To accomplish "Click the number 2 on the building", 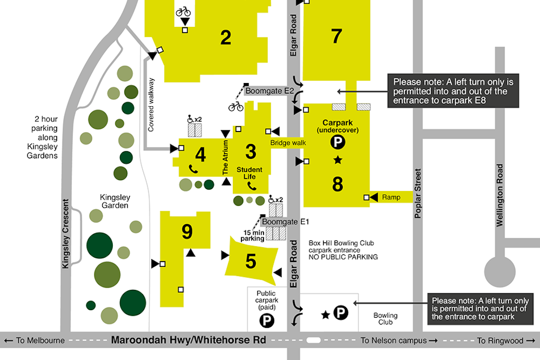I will tap(226, 37).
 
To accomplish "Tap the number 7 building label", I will tap(336, 36).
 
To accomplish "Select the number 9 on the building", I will tap(187, 232).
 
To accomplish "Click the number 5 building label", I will tap(251, 262).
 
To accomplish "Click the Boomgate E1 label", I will tap(285, 222).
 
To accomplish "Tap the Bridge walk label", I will tap(288, 143).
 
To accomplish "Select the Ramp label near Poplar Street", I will tap(391, 197).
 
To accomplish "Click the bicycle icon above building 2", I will tap(183, 11).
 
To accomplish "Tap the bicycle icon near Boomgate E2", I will tap(236, 106).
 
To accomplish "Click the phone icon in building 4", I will tap(193, 169).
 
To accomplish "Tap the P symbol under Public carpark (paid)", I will tap(266, 320).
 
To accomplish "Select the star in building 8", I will tap(338, 160).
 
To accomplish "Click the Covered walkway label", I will tap(151, 104).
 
